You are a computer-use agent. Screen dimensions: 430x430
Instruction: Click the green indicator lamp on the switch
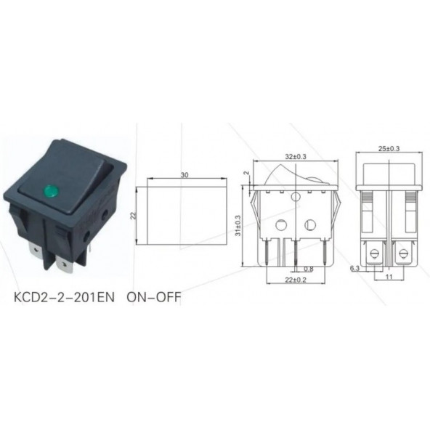(x=49, y=190)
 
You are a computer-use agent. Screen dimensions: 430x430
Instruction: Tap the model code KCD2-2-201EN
(x=64, y=297)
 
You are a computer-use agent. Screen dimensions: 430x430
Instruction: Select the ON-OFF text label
(x=154, y=297)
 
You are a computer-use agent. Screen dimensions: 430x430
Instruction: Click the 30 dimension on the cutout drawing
(x=184, y=175)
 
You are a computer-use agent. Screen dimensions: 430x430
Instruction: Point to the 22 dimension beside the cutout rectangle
(x=133, y=216)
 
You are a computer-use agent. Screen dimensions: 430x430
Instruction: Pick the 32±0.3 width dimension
(x=296, y=157)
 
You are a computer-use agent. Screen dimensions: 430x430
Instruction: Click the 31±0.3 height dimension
(x=238, y=225)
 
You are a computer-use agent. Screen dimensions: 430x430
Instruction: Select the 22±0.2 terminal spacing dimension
(x=296, y=280)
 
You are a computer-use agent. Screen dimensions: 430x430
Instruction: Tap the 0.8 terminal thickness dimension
(x=309, y=269)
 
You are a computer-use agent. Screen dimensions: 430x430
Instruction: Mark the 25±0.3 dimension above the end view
(x=389, y=149)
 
